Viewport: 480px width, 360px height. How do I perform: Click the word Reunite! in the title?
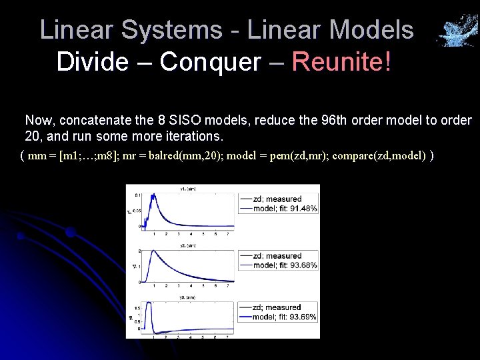pyautogui.click(x=342, y=62)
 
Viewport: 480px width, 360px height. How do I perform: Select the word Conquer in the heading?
pyautogui.click(x=211, y=62)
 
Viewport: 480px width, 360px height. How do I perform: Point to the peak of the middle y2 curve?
pyautogui.click(x=153, y=251)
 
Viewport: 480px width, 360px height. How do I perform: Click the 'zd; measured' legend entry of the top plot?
pyautogui.click(x=277, y=199)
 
